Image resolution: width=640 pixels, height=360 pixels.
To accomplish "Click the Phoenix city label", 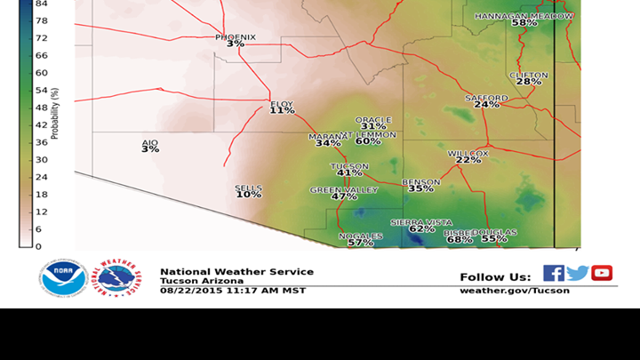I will click(x=236, y=36).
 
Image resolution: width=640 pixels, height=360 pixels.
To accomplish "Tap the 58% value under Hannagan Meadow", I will click(x=524, y=23).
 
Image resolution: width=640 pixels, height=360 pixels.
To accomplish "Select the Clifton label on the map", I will click(x=528, y=76).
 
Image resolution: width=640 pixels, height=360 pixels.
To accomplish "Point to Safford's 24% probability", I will click(x=486, y=105).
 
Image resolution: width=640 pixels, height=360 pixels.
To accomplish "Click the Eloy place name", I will click(x=282, y=104).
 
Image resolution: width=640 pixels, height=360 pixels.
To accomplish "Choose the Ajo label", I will click(x=149, y=142).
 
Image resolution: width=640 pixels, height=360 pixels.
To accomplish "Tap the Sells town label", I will click(x=248, y=188).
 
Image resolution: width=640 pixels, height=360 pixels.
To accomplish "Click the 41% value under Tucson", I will click(x=349, y=173).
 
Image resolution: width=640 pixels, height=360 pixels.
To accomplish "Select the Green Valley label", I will click(x=344, y=190).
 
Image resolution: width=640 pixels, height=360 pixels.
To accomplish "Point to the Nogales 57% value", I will click(x=360, y=243).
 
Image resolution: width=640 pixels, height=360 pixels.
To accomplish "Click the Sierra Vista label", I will click(x=422, y=222).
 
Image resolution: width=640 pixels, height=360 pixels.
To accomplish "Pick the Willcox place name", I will click(x=468, y=153).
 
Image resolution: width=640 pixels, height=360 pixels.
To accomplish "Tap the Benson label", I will click(x=420, y=181).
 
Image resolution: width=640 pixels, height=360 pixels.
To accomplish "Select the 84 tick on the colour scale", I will click(x=41, y=4).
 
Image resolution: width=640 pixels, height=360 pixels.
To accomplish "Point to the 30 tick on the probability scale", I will click(x=41, y=159).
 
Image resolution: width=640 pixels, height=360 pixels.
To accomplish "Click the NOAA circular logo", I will click(x=63, y=278).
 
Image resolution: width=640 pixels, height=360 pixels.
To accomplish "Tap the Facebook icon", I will click(x=553, y=273).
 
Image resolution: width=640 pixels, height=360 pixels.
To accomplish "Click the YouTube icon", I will click(x=602, y=273).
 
